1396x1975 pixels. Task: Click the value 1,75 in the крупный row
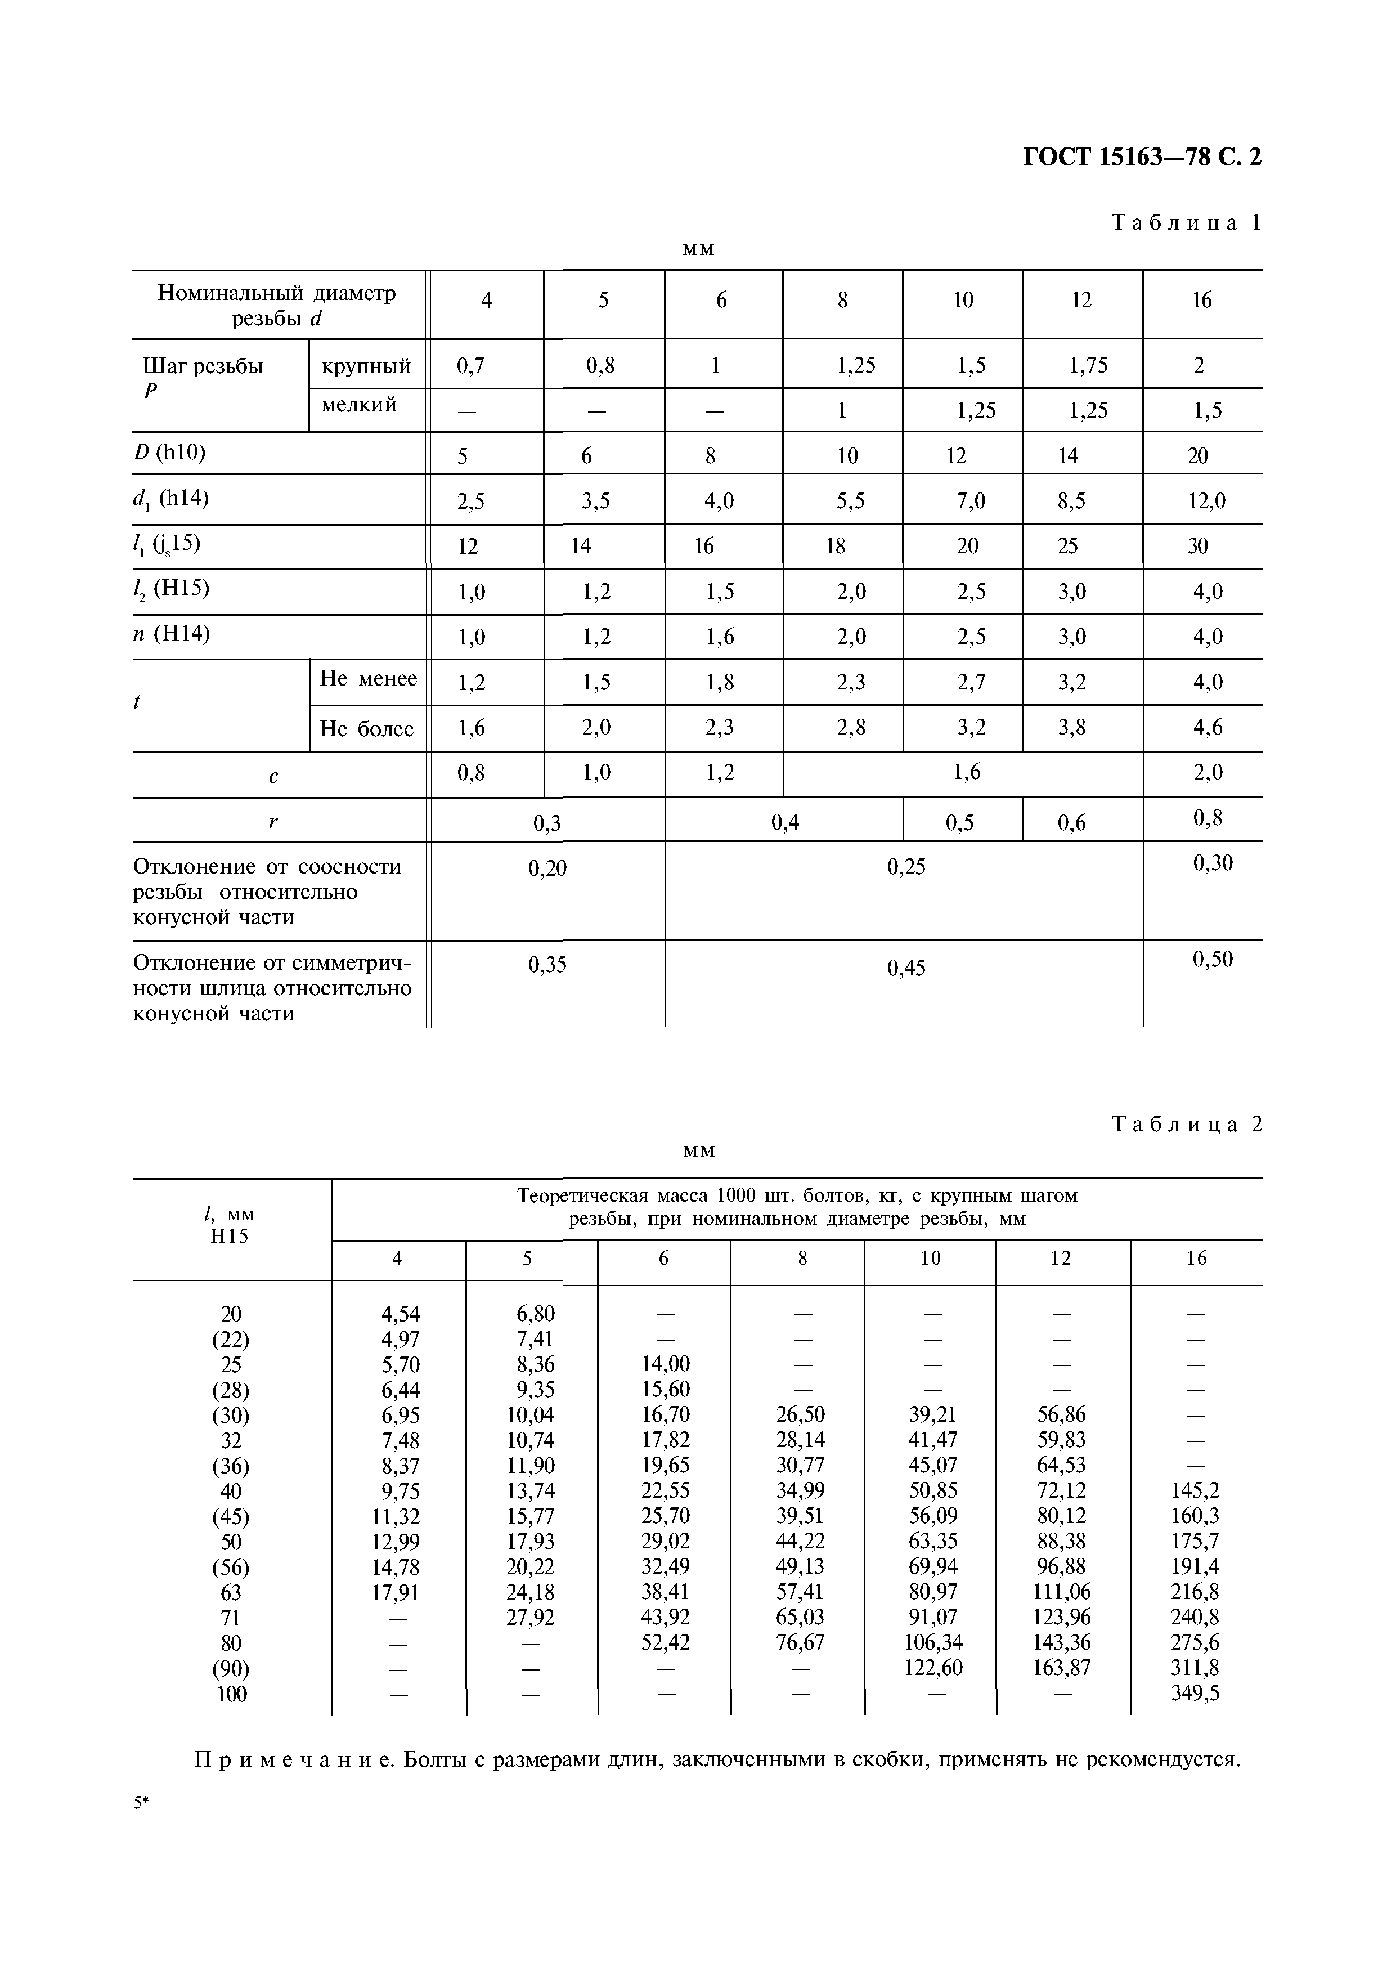[1088, 366]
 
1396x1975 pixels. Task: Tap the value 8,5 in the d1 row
[1071, 500]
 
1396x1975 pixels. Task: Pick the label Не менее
[368, 679]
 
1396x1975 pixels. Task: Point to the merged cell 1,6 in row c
[967, 772]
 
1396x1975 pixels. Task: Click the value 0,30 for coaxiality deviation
[1213, 863]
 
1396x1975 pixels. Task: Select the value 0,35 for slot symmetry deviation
[547, 965]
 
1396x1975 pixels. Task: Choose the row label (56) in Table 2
[231, 1566]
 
